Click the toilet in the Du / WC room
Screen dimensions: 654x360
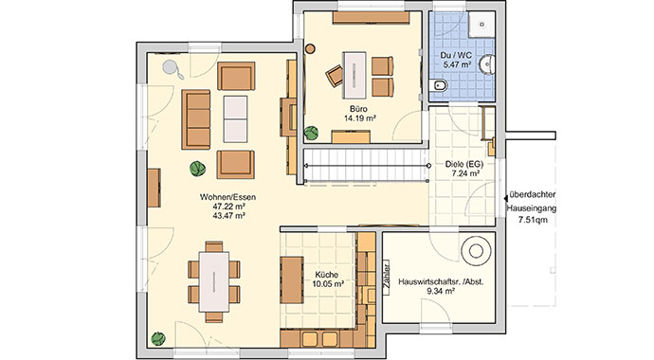[438, 86]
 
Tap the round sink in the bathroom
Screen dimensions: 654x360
[487, 64]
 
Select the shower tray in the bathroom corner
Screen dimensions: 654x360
[481, 25]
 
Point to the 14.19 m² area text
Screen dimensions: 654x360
[360, 118]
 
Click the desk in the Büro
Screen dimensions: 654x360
[354, 75]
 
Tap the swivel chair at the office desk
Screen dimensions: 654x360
[335, 76]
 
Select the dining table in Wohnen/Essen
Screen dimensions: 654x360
[214, 281]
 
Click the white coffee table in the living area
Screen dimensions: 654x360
[235, 119]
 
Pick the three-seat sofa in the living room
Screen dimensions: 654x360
[196, 119]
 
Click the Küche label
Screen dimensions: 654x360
[327, 275]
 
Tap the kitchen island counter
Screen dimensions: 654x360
[292, 280]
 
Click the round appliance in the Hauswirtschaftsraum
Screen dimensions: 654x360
[476, 251]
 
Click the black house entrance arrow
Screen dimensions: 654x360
[506, 200]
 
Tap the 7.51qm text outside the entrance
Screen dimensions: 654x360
[533, 220]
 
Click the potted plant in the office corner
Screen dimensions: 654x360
[311, 134]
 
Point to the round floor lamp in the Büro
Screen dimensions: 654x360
[310, 48]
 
